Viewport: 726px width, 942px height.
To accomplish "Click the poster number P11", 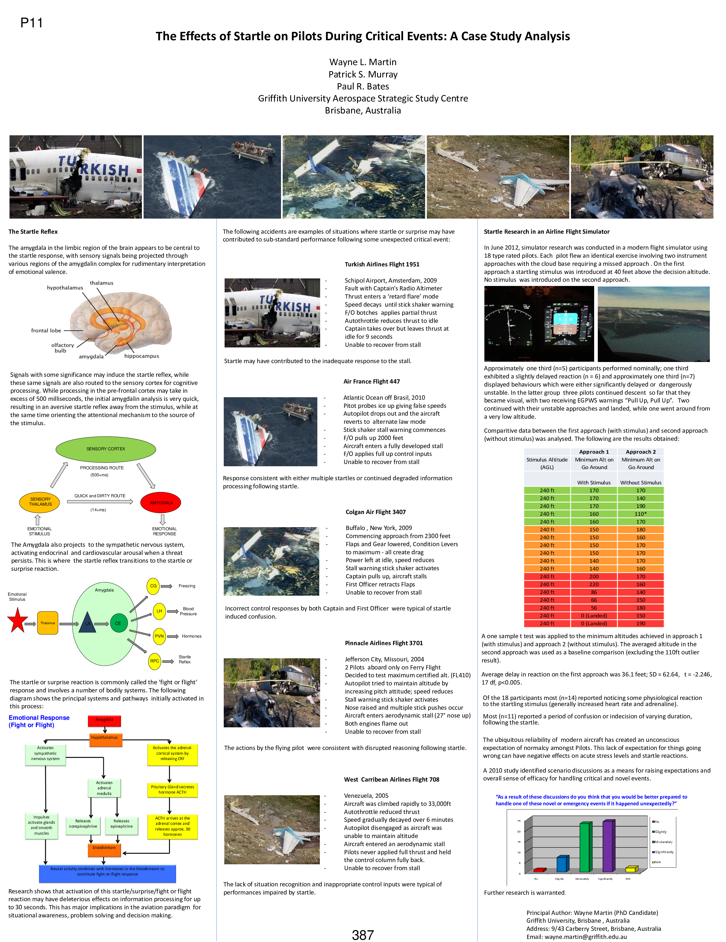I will pos(32,23).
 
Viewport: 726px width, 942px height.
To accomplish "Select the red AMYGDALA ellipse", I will pos(161,503).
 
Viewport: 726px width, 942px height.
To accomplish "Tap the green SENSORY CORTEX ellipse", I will pos(106,449).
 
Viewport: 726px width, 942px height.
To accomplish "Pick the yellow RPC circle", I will pos(154,661).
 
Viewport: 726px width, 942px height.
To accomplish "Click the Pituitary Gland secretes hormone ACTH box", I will pos(172,789).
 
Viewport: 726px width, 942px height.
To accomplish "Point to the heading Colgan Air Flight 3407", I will pos(375,512).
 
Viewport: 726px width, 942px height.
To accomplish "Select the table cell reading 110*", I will pos(641,514).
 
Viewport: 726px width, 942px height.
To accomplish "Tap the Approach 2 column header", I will pos(641,452).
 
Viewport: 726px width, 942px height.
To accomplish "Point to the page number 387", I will pos(363,935).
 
